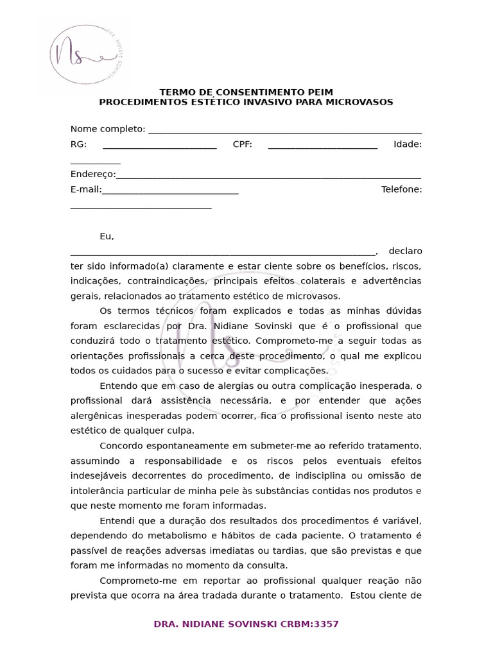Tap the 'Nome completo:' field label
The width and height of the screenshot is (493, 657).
click(108, 129)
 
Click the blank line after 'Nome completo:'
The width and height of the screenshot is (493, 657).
click(284, 130)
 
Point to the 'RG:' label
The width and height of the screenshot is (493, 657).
click(78, 144)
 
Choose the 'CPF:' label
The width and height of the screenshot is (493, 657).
click(242, 144)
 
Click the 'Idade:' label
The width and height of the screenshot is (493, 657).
click(408, 144)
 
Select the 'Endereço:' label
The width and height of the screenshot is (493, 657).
click(93, 174)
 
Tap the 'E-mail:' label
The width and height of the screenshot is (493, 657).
click(86, 189)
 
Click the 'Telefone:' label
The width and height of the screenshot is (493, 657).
click(401, 189)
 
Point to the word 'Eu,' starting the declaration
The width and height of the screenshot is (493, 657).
click(107, 237)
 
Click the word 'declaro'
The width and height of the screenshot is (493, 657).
click(405, 251)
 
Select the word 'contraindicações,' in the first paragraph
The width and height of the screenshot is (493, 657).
click(166, 281)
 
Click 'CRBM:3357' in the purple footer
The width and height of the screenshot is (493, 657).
click(309, 624)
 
